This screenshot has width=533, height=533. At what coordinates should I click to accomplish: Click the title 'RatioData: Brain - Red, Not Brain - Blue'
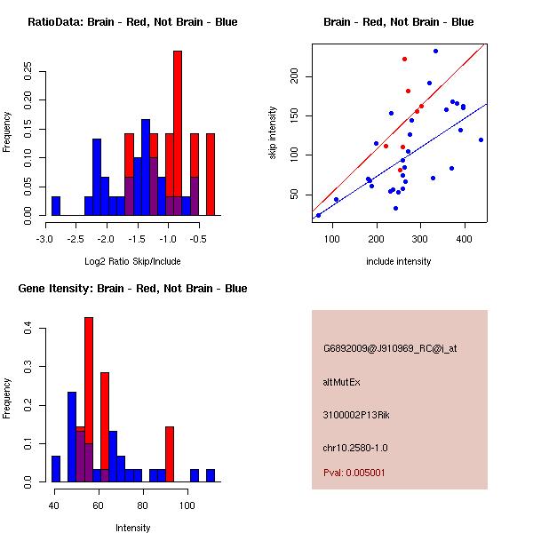(132, 22)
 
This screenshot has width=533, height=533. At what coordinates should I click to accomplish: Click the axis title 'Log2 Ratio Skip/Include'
(132, 261)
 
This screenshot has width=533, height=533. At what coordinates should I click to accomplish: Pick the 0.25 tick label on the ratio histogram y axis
(28, 70)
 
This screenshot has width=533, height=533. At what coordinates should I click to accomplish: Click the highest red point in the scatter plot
(404, 60)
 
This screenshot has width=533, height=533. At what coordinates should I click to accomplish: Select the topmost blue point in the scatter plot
(435, 51)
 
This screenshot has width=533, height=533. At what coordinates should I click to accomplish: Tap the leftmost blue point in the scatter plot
(318, 215)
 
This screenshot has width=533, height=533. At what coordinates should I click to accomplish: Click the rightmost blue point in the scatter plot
(481, 139)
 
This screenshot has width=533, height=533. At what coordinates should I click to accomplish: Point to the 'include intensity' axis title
(399, 261)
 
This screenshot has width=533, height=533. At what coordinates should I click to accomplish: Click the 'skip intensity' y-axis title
(274, 133)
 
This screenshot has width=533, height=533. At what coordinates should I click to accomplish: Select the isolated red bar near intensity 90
(170, 453)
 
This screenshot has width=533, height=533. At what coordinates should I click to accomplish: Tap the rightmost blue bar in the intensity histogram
(211, 475)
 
